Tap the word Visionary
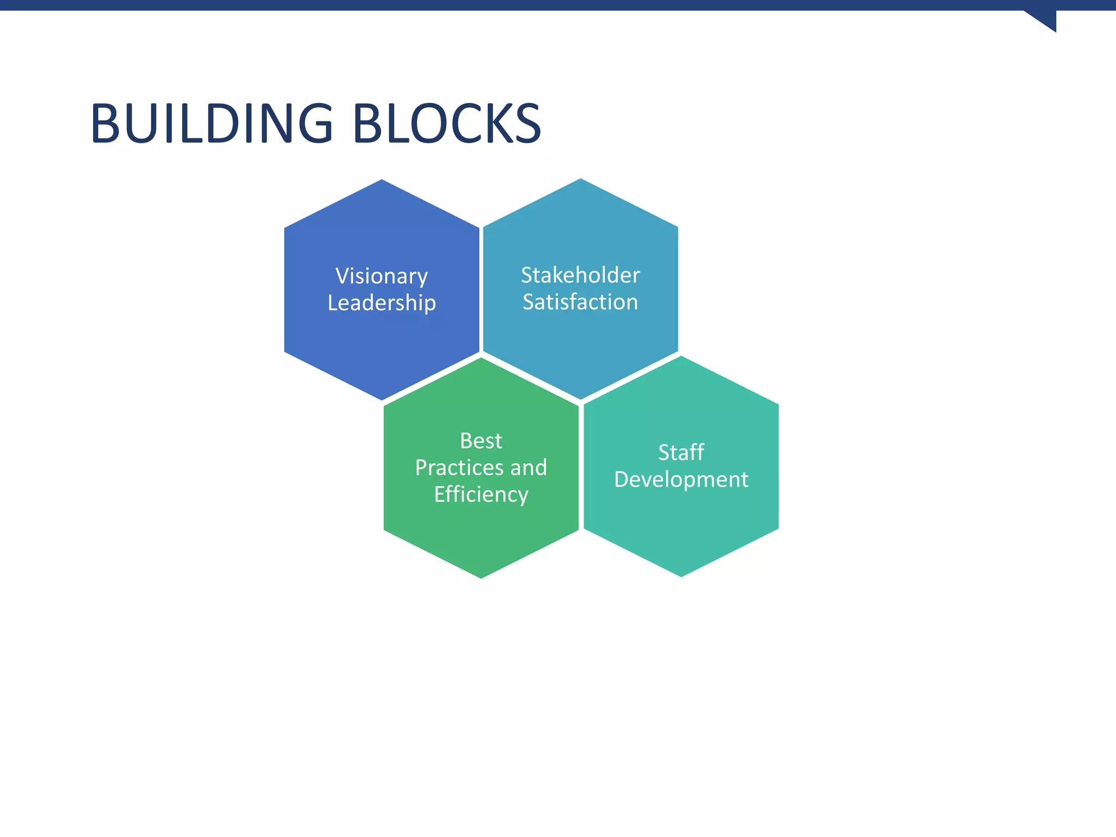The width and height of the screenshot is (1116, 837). point(381,276)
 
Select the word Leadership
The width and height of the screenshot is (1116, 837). point(381,303)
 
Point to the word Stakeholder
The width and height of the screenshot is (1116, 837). point(580,275)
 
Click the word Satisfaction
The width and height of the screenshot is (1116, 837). point(580,302)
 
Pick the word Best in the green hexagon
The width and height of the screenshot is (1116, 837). point(481,441)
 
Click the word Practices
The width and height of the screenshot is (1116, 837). point(459,468)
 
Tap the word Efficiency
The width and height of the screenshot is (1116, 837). point(481,495)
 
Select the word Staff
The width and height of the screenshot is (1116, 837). point(681,452)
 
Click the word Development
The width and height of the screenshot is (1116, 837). point(681,480)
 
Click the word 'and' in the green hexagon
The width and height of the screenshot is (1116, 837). point(529,468)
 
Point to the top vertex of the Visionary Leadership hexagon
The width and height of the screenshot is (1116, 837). point(381,180)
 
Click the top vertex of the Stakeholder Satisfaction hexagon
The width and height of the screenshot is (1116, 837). point(580,179)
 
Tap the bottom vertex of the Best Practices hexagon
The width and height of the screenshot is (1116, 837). point(481,578)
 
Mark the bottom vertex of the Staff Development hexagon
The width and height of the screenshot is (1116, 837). point(681,576)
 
